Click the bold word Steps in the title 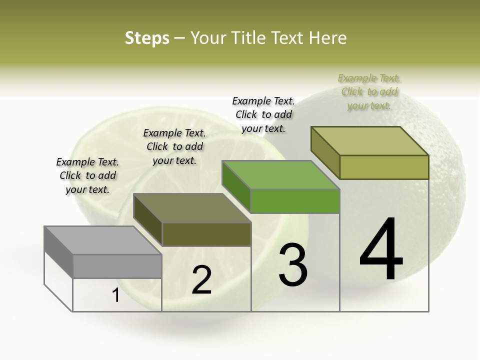click(x=147, y=38)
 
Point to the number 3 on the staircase click(x=293, y=264)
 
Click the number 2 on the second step click(x=202, y=280)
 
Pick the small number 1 click(x=116, y=295)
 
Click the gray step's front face click(x=117, y=266)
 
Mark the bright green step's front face click(x=295, y=201)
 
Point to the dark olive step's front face click(x=206, y=234)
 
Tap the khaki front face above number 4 click(x=384, y=167)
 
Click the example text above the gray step click(x=87, y=175)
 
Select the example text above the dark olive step click(x=174, y=146)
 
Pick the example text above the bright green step click(x=263, y=114)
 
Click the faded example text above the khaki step click(x=369, y=91)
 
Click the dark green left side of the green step click(x=236, y=186)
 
